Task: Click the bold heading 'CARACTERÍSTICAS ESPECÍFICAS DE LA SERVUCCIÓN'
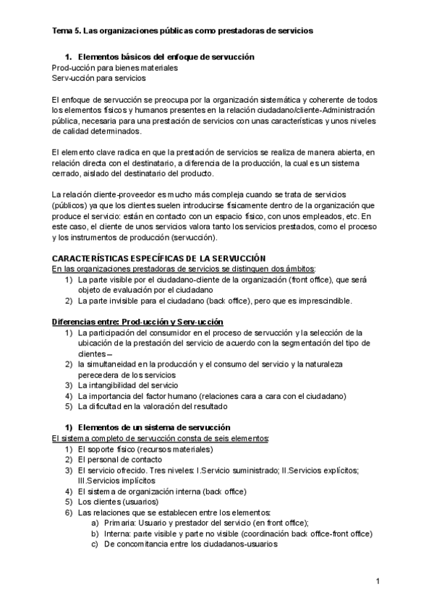(x=159, y=258)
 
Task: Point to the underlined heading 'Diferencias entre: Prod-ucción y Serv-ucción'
(x=137, y=321)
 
